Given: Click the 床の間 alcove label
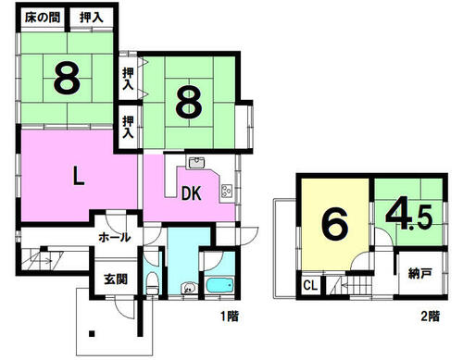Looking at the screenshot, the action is [x=43, y=18].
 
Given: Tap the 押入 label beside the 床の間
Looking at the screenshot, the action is [x=92, y=18].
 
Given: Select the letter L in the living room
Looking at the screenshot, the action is [x=79, y=175].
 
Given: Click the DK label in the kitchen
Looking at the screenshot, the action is [x=192, y=193].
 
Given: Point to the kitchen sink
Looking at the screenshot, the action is [x=196, y=162].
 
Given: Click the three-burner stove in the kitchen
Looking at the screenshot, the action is [x=226, y=192].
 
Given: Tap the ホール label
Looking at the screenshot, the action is [x=115, y=238].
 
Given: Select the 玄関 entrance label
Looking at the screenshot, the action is [x=116, y=279].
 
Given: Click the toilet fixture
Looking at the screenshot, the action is [x=152, y=283].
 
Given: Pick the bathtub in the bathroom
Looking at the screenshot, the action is [x=219, y=286].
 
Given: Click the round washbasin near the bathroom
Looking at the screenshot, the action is [x=188, y=288].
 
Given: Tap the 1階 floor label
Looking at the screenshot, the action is [x=230, y=317].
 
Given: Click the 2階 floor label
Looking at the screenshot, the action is [x=431, y=317].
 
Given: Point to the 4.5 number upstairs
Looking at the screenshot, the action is [x=408, y=217].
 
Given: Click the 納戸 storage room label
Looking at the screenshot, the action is [x=419, y=274].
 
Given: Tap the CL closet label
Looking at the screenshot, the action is [x=310, y=285].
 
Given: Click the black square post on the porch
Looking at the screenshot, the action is [x=92, y=334].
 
